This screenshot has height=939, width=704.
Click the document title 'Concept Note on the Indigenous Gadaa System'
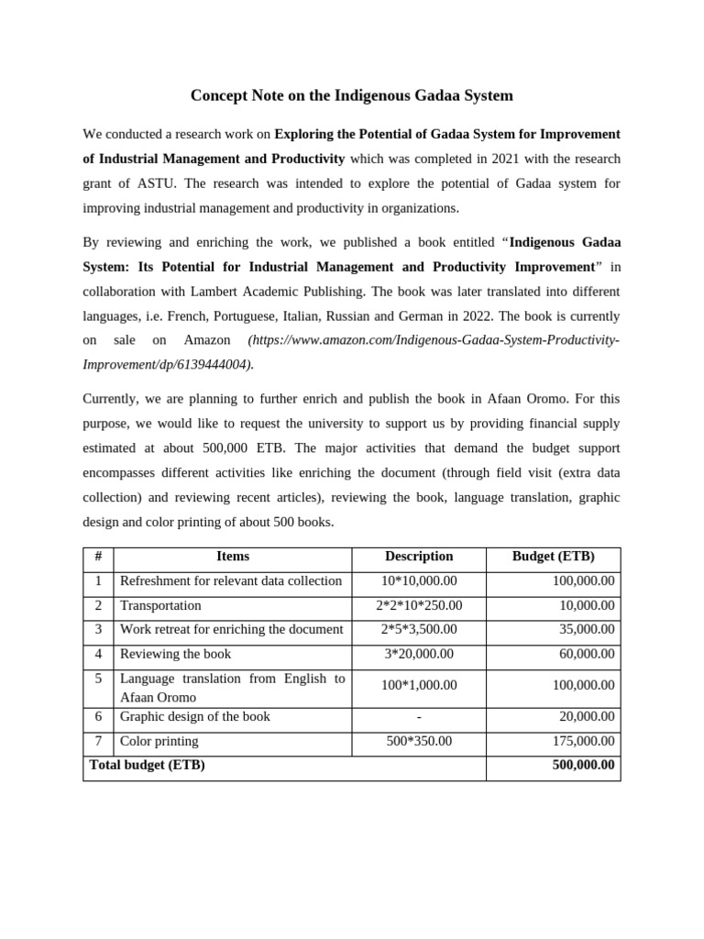click(351, 95)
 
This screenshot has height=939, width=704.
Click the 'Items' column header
click(232, 557)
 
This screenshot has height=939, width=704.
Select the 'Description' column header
click(419, 557)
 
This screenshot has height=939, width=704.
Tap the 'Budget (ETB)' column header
click(553, 557)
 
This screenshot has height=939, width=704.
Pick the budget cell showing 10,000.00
click(588, 605)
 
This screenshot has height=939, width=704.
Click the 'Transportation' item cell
click(160, 605)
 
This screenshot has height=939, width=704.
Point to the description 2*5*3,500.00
click(419, 629)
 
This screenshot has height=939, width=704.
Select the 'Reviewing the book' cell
click(175, 654)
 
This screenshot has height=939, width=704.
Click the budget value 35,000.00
click(588, 629)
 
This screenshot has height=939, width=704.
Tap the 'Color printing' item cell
click(159, 741)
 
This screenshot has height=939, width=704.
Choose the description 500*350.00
click(419, 741)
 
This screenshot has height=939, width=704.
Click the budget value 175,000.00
click(583, 741)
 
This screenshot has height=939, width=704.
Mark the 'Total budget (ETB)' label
click(147, 765)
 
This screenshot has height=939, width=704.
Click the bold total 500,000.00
click(583, 765)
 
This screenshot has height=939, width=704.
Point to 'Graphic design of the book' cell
click(195, 716)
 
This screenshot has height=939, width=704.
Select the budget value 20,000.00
click(588, 716)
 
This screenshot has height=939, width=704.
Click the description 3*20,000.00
click(419, 654)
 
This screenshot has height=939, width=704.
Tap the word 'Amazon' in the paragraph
click(207, 339)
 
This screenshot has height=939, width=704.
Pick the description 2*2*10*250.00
click(419, 605)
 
